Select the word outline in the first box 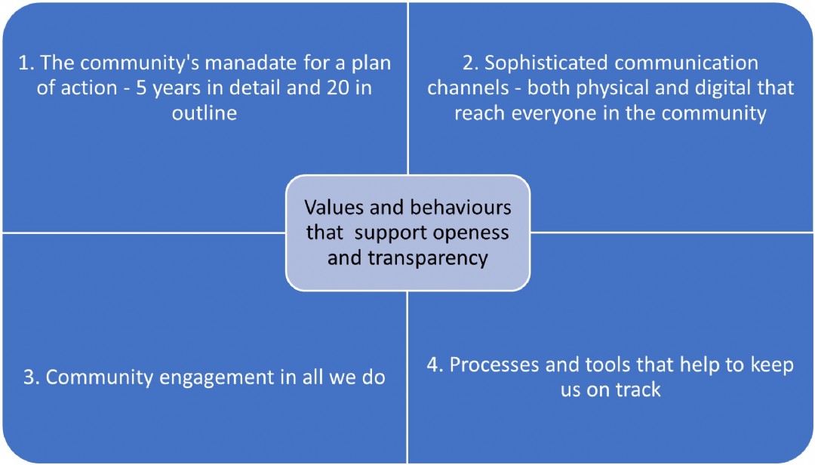(x=205, y=112)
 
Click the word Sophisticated (x=547, y=63)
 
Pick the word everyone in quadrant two (x=555, y=113)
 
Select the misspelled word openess (x=471, y=233)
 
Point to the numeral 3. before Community (x=32, y=377)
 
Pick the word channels (x=468, y=88)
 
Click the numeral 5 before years (x=141, y=88)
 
